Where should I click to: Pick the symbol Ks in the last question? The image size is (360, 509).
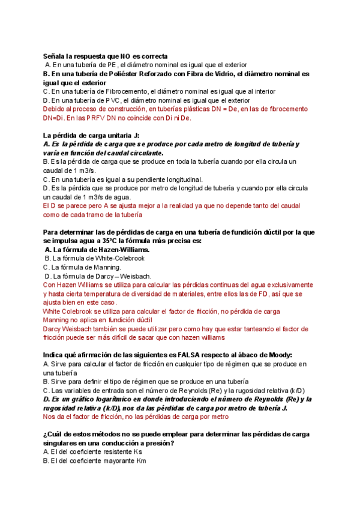coord(137,452)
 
